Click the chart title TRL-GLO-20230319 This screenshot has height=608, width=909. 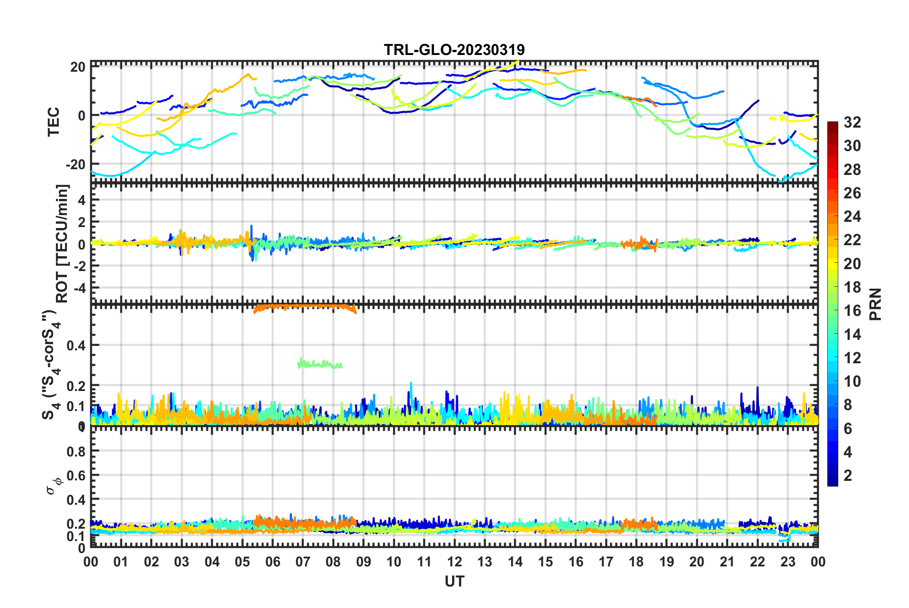pyautogui.click(x=454, y=50)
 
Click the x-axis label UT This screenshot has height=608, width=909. pyautogui.click(x=454, y=581)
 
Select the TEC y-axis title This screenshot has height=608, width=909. pyautogui.click(x=54, y=121)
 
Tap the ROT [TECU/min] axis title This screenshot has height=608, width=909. pyautogui.click(x=62, y=243)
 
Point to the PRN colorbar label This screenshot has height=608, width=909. pyautogui.click(x=876, y=304)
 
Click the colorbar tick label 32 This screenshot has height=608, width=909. pyautogui.click(x=852, y=122)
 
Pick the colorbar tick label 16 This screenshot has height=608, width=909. pyautogui.click(x=852, y=311)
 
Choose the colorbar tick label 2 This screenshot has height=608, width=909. pyautogui.click(x=848, y=475)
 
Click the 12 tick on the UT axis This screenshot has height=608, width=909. pyautogui.click(x=454, y=562)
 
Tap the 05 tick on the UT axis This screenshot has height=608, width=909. pyautogui.click(x=242, y=562)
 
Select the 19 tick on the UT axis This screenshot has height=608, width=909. pyautogui.click(x=667, y=562)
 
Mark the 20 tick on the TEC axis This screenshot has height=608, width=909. pyautogui.click(x=78, y=67)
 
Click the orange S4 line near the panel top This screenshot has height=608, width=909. pyautogui.click(x=306, y=306)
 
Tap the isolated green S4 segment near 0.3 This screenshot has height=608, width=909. pyautogui.click(x=319, y=365)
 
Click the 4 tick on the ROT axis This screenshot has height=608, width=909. pyautogui.click(x=82, y=200)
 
